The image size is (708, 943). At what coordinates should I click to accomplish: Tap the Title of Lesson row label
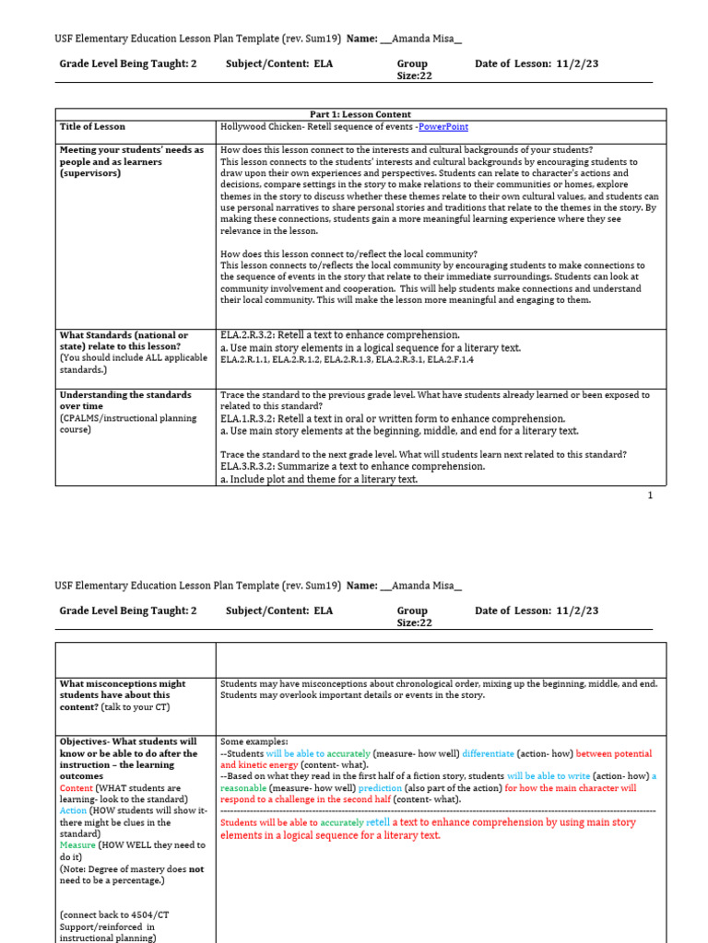92,127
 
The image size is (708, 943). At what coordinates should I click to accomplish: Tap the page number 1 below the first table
650,495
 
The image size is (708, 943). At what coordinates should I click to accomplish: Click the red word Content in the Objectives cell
77,788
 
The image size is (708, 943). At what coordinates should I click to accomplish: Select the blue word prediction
380,788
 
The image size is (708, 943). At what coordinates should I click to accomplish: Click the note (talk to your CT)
141,706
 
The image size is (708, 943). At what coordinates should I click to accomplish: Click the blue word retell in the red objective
378,821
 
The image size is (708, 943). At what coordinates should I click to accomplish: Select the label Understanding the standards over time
125,400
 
